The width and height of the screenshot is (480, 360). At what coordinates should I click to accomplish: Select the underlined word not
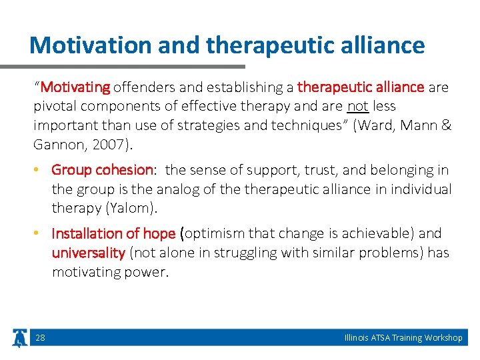pyautogui.click(x=358, y=106)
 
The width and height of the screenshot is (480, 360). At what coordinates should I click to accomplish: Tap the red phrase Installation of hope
pyautogui.click(x=113, y=234)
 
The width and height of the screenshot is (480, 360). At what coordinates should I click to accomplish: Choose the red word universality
pyautogui.click(x=89, y=253)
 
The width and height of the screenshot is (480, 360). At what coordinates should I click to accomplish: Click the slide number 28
pyautogui.click(x=41, y=338)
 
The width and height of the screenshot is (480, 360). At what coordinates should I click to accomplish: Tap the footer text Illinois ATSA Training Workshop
pyautogui.click(x=403, y=338)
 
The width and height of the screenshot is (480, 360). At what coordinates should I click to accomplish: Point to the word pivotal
pyautogui.click(x=54, y=106)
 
